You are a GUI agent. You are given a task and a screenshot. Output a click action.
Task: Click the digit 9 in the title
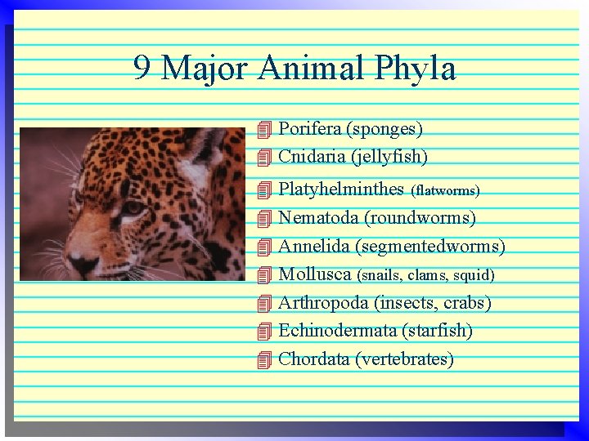142,69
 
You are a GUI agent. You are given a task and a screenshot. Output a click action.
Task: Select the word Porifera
309,129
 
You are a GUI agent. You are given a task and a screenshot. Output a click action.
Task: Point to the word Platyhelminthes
341,189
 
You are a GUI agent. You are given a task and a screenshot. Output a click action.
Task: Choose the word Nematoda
318,218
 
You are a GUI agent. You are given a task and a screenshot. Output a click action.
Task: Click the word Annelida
315,246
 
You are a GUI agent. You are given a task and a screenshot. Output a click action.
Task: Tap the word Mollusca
315,274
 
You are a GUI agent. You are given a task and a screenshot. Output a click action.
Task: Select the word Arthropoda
323,303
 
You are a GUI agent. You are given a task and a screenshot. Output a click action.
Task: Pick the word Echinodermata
337,331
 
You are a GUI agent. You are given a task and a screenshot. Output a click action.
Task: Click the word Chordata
314,359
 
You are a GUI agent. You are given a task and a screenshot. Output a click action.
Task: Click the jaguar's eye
132,208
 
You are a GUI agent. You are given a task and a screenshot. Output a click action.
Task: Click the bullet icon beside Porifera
263,129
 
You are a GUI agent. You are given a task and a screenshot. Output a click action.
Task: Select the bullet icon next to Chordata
263,359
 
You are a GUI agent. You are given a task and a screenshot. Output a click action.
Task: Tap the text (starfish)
437,331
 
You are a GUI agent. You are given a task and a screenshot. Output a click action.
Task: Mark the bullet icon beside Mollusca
263,275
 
